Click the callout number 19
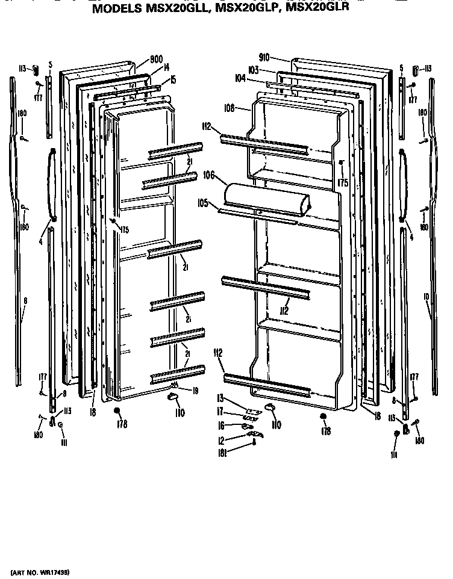point(196,390)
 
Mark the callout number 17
point(220,412)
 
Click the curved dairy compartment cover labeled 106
point(265,199)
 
